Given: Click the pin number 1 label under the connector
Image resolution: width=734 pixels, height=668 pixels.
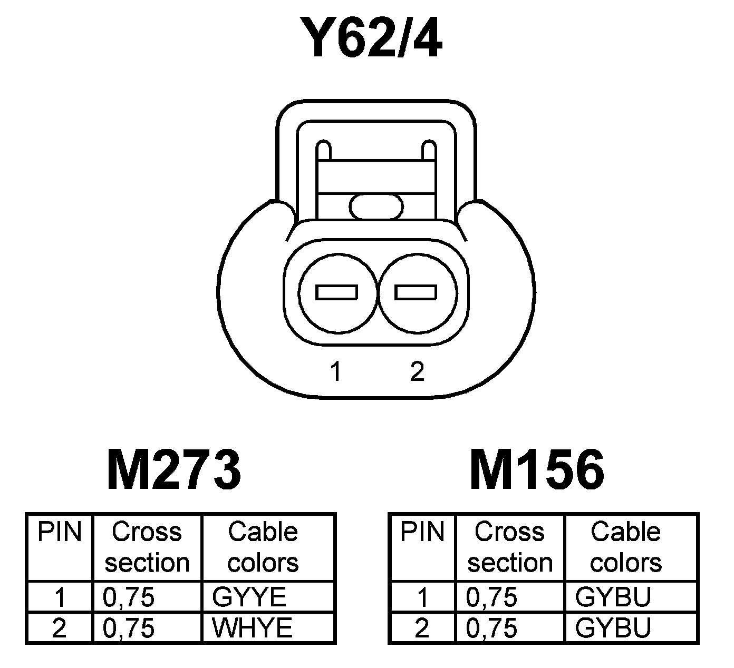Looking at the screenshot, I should [336, 372].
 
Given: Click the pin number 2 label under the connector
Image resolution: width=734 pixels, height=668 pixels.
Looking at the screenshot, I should [417, 372].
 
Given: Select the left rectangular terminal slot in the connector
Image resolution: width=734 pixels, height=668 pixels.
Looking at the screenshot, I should [337, 292].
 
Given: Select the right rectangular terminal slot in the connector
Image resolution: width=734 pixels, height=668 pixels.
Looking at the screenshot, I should [416, 292].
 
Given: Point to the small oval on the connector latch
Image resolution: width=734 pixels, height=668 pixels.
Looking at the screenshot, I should [376, 206].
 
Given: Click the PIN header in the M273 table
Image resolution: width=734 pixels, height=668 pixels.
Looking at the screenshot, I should [60, 532].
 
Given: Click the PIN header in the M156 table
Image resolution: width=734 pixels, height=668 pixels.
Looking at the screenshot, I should [422, 532].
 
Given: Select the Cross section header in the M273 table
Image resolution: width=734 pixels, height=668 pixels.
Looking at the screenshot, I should [147, 547].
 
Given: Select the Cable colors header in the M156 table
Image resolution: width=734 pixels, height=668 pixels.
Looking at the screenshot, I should [626, 547].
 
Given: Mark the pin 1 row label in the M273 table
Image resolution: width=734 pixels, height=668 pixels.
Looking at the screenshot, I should [60, 597].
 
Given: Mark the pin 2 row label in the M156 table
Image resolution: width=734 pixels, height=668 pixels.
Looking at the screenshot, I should [422, 628].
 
